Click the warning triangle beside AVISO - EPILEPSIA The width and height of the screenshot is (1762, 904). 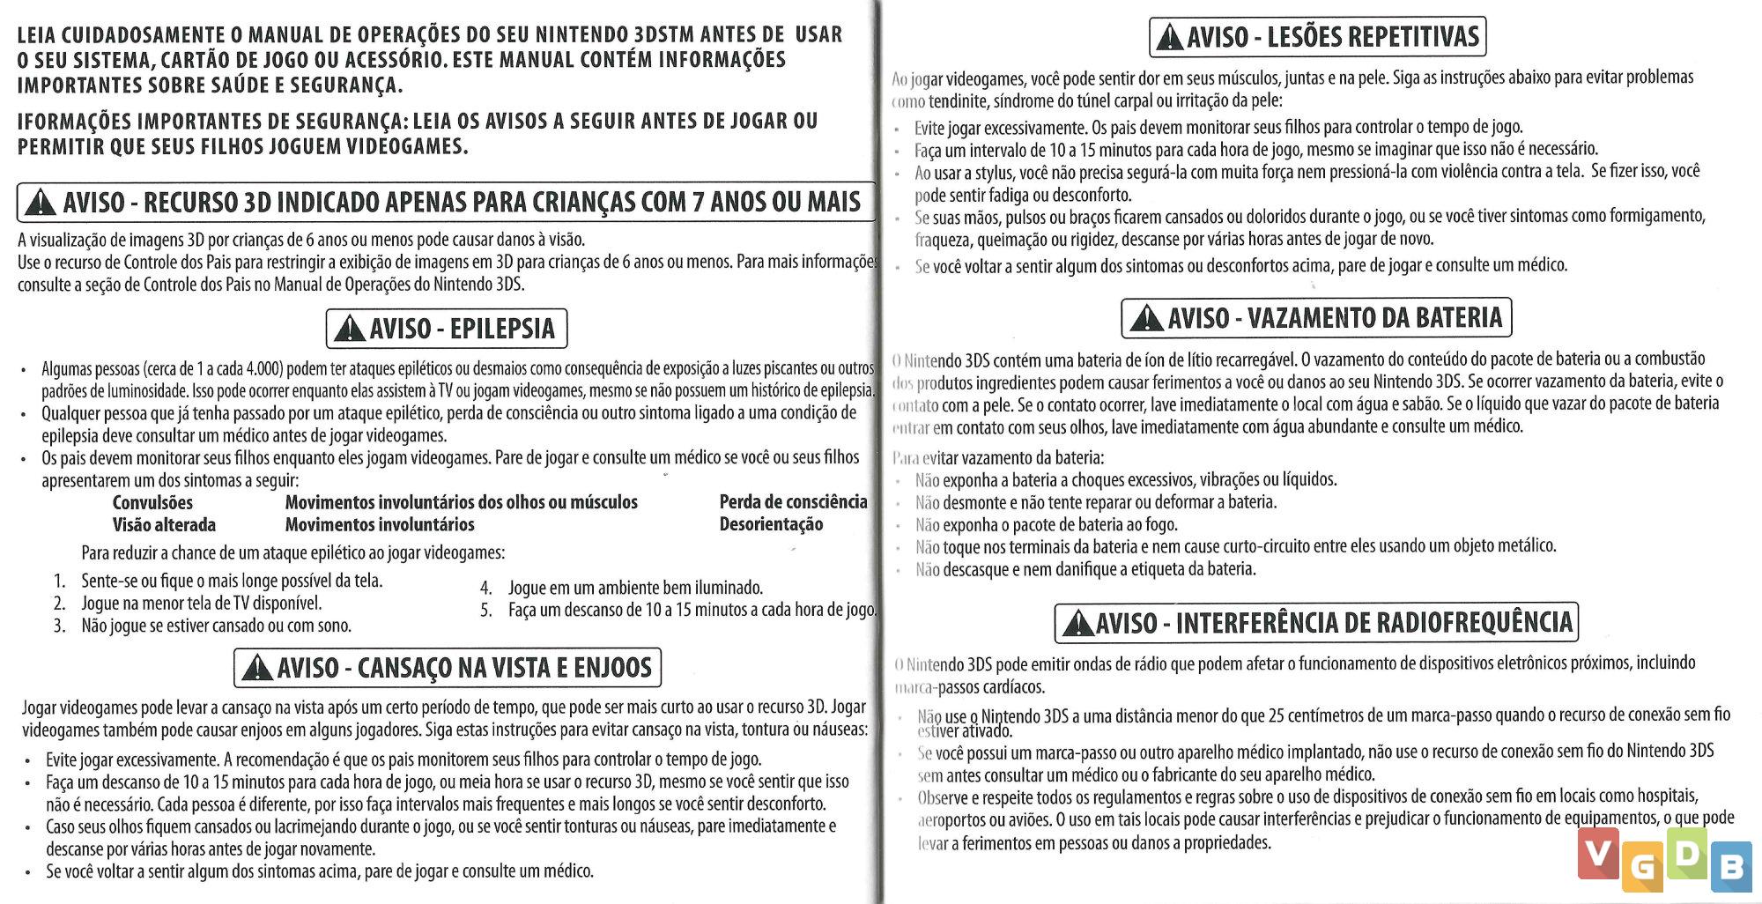pos(350,330)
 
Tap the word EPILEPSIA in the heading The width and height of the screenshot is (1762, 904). pos(502,330)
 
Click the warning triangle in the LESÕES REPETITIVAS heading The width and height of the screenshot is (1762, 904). pos(1169,38)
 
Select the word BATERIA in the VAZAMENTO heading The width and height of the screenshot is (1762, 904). pos(1459,318)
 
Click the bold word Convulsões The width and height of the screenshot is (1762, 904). pos(152,503)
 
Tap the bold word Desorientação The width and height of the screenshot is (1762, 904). pos(771,525)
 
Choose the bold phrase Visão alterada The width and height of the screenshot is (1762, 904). pos(164,525)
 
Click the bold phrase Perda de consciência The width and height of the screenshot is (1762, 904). pos(793,502)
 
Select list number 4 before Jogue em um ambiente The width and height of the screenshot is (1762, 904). pos(485,588)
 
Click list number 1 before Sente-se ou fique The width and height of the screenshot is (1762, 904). pos(60,582)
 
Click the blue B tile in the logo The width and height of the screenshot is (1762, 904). pos(1731,867)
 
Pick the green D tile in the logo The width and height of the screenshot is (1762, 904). pos(1687,853)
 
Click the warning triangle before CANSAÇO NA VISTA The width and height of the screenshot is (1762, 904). pos(256,668)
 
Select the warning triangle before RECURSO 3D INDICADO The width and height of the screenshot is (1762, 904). pos(41,204)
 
